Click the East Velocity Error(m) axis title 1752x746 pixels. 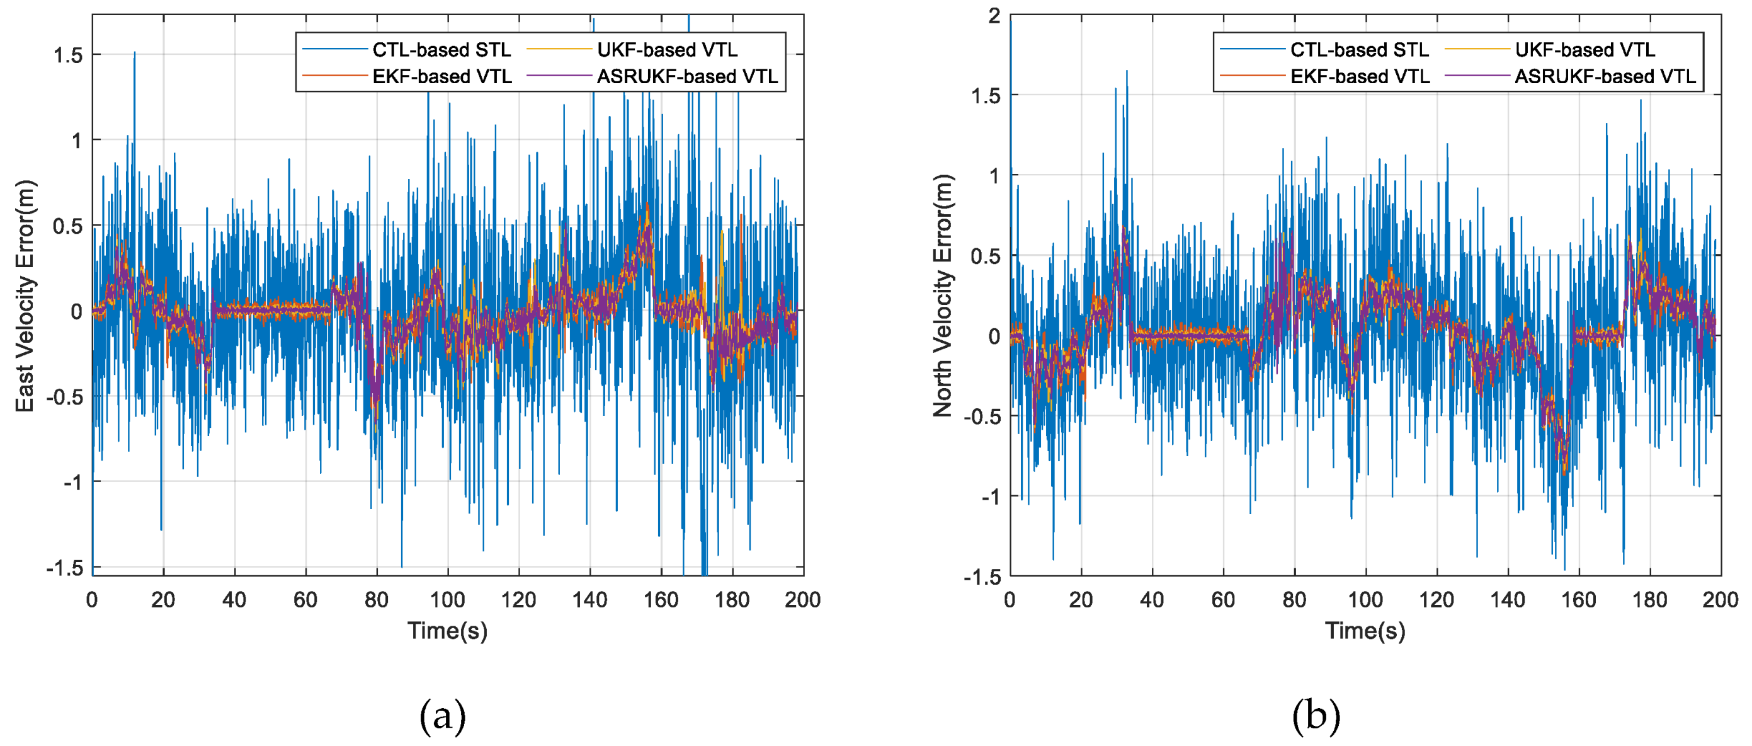[x=25, y=296]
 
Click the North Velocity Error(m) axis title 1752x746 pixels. [x=943, y=296]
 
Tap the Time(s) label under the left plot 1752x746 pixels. [x=448, y=630]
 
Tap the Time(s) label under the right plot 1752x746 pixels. [x=1365, y=630]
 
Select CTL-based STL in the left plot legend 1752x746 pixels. [x=441, y=50]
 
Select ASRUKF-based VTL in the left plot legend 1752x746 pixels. [x=687, y=76]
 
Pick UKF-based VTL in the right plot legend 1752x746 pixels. [x=1584, y=50]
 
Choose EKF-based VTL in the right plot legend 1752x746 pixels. [x=1360, y=76]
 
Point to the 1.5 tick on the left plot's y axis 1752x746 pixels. [x=68, y=55]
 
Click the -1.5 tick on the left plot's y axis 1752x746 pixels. [x=65, y=568]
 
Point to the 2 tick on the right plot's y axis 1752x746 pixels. [x=995, y=16]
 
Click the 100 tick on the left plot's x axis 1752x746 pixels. [x=448, y=600]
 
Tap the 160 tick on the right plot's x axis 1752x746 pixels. [x=1579, y=600]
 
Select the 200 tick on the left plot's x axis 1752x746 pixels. [x=802, y=600]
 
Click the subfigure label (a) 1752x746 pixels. [x=443, y=716]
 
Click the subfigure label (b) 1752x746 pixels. [x=1316, y=716]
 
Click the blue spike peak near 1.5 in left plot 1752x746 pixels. [x=135, y=53]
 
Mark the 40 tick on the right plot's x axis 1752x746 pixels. [x=1151, y=600]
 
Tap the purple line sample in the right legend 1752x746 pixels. [x=1476, y=76]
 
